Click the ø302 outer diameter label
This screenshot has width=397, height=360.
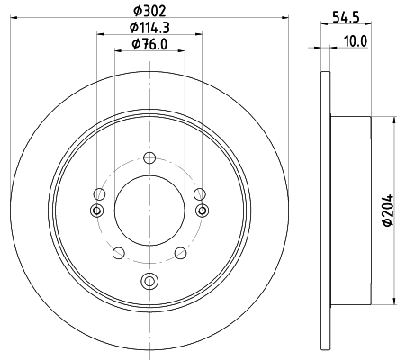[149, 11]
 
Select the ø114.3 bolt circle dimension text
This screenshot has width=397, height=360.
[149, 28]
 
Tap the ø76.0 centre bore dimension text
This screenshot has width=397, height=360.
[149, 44]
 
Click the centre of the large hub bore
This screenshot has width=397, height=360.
[149, 210]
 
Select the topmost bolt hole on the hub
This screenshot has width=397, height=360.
[149, 158]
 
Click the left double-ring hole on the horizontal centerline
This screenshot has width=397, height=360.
[97, 211]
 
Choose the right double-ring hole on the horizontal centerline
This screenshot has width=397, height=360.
[200, 211]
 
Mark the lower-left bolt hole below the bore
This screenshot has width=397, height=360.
[118, 252]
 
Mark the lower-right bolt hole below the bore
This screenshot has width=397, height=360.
[179, 252]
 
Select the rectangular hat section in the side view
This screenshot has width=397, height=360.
[351, 210]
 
